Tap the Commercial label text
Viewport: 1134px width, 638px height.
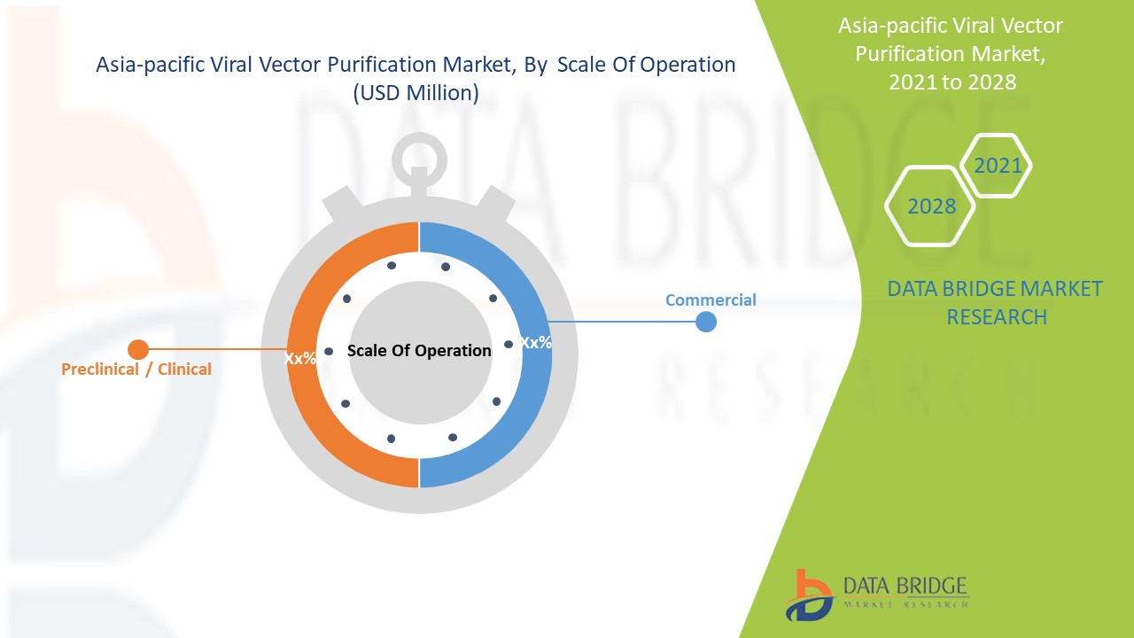[711, 300]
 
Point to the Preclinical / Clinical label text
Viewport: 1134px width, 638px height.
[136, 369]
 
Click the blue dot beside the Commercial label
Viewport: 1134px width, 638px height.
[706, 322]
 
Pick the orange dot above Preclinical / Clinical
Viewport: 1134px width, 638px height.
[137, 349]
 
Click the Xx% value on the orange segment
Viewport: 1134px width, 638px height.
[299, 358]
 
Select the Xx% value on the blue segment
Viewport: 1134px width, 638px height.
[535, 342]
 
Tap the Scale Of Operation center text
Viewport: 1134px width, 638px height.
[419, 350]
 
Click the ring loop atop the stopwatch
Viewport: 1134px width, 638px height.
[419, 159]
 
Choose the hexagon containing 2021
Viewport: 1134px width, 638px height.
[997, 165]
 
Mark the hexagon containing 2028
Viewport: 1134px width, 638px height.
[931, 206]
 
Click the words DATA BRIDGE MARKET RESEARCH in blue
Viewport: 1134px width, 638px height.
[996, 302]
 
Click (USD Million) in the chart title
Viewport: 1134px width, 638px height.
[416, 92]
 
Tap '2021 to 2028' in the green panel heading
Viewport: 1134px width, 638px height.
[952, 82]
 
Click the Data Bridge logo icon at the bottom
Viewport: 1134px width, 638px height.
[807, 595]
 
